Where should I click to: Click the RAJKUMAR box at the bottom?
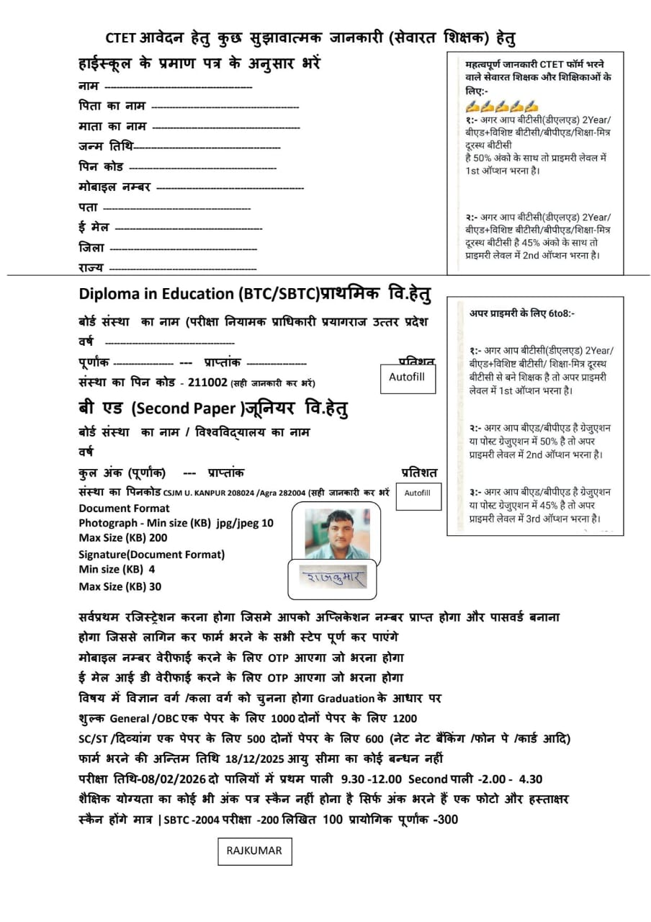coord(254,851)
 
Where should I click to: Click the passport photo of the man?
coord(336,534)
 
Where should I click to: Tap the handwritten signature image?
coord(333,577)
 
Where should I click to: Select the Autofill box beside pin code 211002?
coord(408,377)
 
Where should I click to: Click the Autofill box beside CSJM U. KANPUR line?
coord(418,493)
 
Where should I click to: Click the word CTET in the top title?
coord(120,38)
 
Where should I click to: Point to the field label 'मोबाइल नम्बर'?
coord(115,187)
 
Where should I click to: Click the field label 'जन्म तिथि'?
coord(106,146)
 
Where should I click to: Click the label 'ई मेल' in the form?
coord(94,227)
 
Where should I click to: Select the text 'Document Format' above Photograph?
coord(124,509)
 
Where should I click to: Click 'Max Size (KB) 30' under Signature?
coord(120,586)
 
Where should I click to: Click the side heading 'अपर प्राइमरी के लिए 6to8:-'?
coord(522,313)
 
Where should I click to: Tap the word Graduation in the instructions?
coord(346,698)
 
